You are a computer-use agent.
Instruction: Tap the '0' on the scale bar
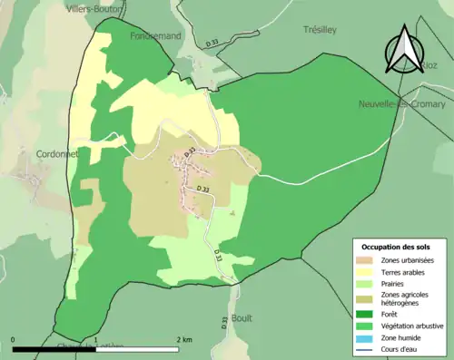(14, 339)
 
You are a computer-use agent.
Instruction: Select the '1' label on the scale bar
(96, 339)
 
